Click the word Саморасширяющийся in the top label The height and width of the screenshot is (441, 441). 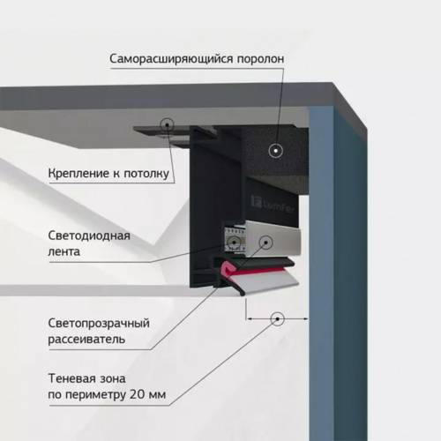tap(171, 59)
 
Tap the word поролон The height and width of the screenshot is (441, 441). tap(261, 59)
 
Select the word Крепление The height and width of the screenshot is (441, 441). tap(78, 174)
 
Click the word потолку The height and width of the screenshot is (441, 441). tap(146, 174)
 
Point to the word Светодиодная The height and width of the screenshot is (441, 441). tap(89, 235)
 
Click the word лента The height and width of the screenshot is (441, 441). tap(64, 252)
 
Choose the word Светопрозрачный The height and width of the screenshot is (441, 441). tap(99, 324)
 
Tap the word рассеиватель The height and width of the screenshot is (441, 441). tap(86, 340)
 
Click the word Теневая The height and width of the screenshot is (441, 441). tap(70, 378)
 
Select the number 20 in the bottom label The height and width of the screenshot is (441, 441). tap(138, 394)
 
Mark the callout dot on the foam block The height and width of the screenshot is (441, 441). tap(276, 151)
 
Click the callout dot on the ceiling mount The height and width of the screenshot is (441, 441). tap(167, 124)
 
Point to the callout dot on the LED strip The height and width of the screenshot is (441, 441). tap(235, 242)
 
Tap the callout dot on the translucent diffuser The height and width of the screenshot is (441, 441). tap(265, 243)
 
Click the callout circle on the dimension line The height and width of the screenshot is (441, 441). tap(277, 319)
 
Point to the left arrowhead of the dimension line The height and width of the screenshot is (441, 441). tap(248, 318)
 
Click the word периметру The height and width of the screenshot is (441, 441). tap(94, 395)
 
